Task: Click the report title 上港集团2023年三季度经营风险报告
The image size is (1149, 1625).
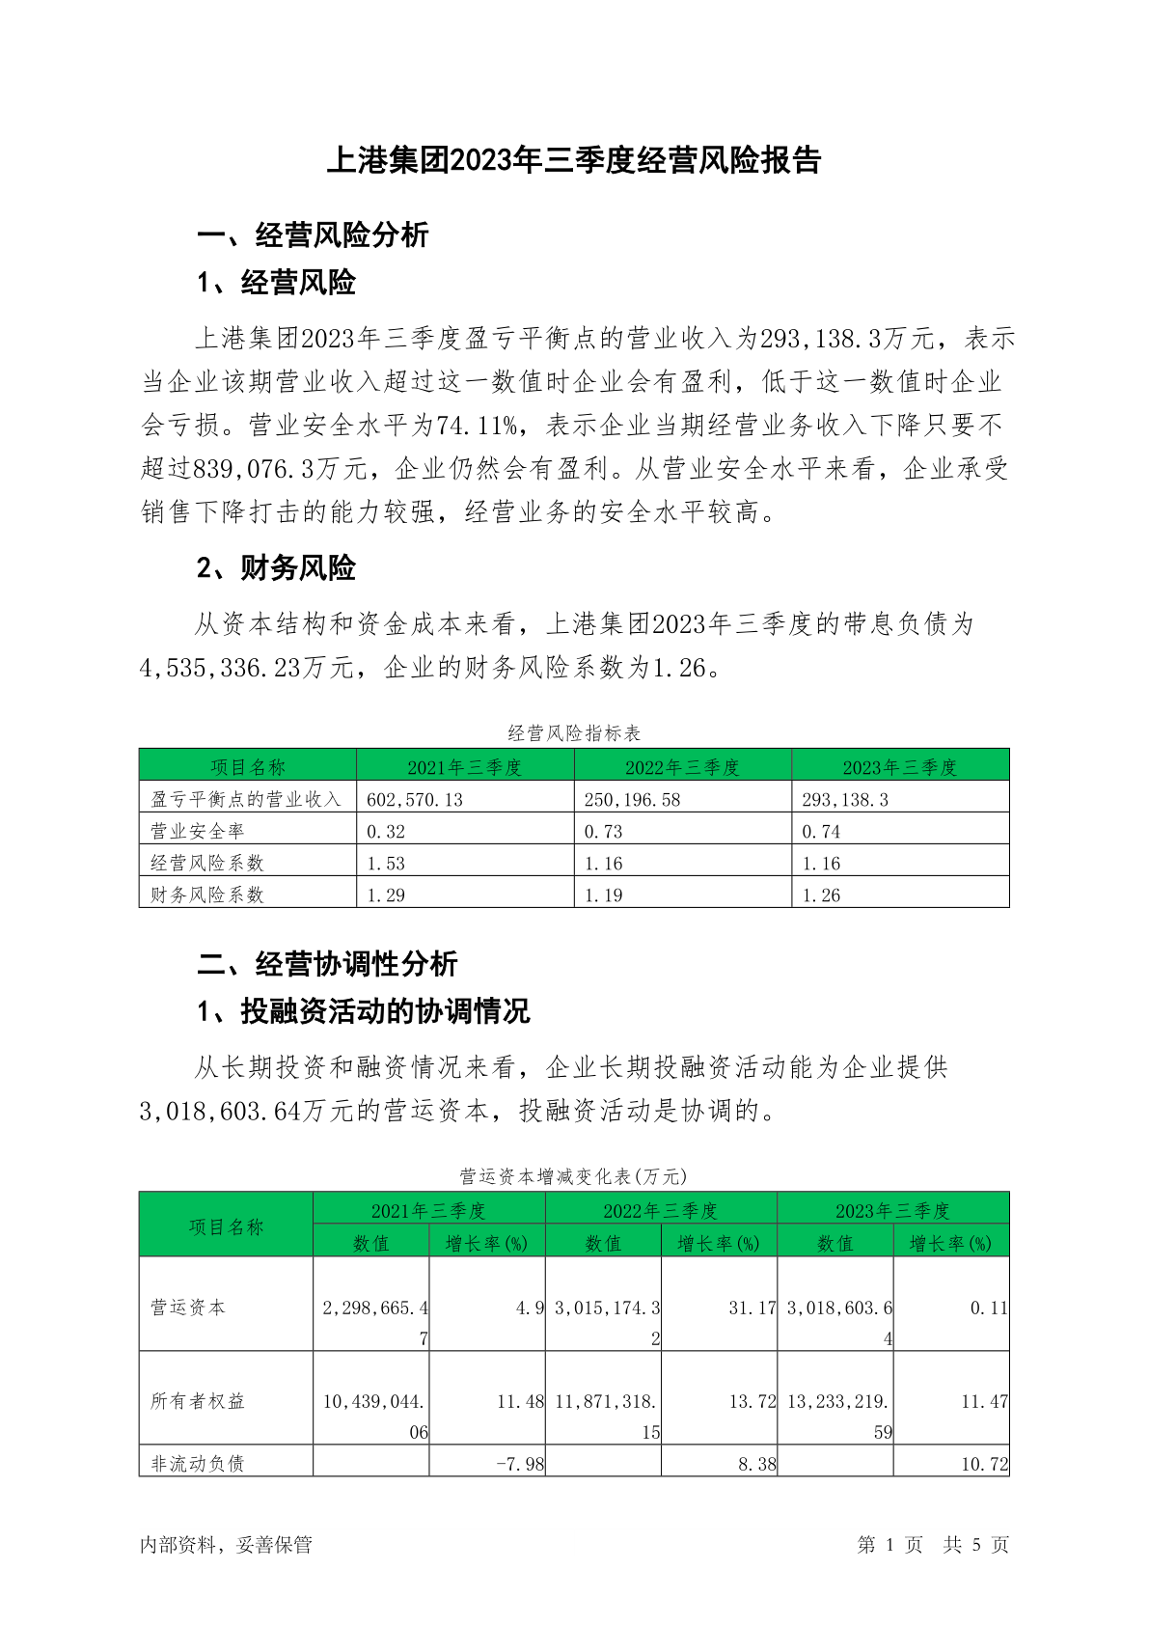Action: [574, 160]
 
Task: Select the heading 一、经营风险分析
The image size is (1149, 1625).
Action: [313, 234]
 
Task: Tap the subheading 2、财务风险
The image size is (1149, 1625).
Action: [276, 568]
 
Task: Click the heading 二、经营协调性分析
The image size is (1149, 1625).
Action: [327, 963]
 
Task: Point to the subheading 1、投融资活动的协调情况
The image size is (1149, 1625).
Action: [364, 1011]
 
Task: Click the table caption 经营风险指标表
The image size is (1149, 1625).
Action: [574, 733]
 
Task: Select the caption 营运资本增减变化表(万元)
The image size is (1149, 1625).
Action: [573, 1176]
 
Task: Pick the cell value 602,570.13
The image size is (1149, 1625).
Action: [415, 799]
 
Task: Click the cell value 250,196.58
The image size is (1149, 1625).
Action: [632, 799]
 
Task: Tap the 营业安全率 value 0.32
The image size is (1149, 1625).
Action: [386, 831]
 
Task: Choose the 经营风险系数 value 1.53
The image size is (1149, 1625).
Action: [386, 863]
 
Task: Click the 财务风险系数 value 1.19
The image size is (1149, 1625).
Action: [604, 895]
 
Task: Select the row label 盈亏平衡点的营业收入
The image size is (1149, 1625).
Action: [246, 799]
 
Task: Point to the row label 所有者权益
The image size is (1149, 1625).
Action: [198, 1401]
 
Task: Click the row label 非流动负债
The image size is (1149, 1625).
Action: [198, 1463]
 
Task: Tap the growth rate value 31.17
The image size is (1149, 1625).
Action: [752, 1308]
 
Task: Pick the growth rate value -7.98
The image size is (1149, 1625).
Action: [520, 1464]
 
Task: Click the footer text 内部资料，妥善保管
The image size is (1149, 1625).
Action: [226, 1545]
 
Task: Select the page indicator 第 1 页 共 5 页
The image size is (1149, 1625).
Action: [932, 1545]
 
